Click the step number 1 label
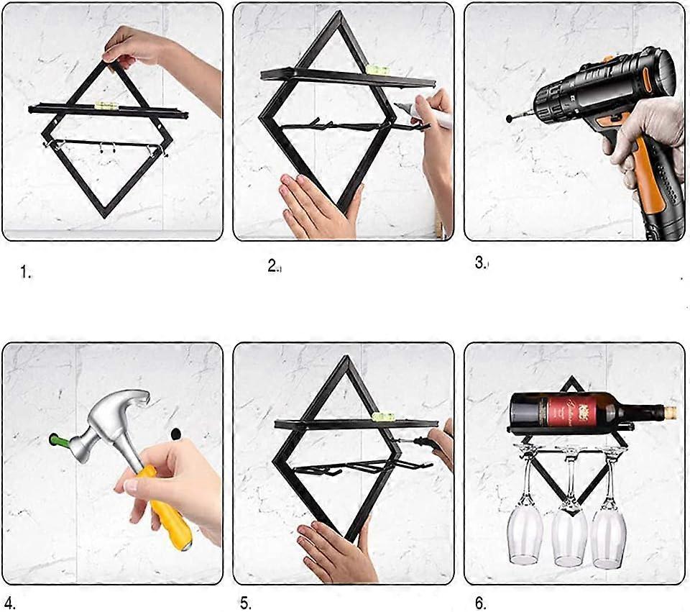(x=26, y=273)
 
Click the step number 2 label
(x=273, y=266)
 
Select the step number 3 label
(x=481, y=263)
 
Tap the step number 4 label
(x=9, y=603)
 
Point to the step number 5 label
(x=246, y=603)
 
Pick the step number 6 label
(x=480, y=603)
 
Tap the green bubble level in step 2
(x=375, y=69)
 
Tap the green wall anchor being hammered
(x=56, y=439)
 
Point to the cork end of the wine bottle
(x=670, y=413)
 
